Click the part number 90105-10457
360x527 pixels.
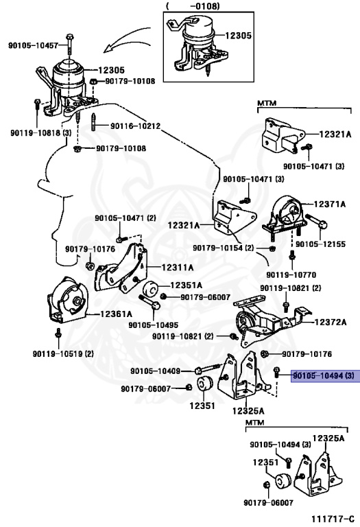33,45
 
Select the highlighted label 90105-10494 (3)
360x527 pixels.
324,375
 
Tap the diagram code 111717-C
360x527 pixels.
333,519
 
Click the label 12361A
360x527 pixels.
116,314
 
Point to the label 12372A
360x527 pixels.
331,322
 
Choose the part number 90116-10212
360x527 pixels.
136,126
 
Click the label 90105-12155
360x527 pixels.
321,244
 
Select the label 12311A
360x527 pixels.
178,268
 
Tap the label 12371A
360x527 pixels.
329,204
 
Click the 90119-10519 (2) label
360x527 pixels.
63,353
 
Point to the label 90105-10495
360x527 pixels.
153,325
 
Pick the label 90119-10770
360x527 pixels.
291,275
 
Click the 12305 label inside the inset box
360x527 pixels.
239,35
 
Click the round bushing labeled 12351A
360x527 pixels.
150,289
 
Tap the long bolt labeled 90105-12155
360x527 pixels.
316,221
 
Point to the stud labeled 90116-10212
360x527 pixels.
93,122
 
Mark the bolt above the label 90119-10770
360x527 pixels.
291,256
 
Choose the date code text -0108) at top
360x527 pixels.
205,5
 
